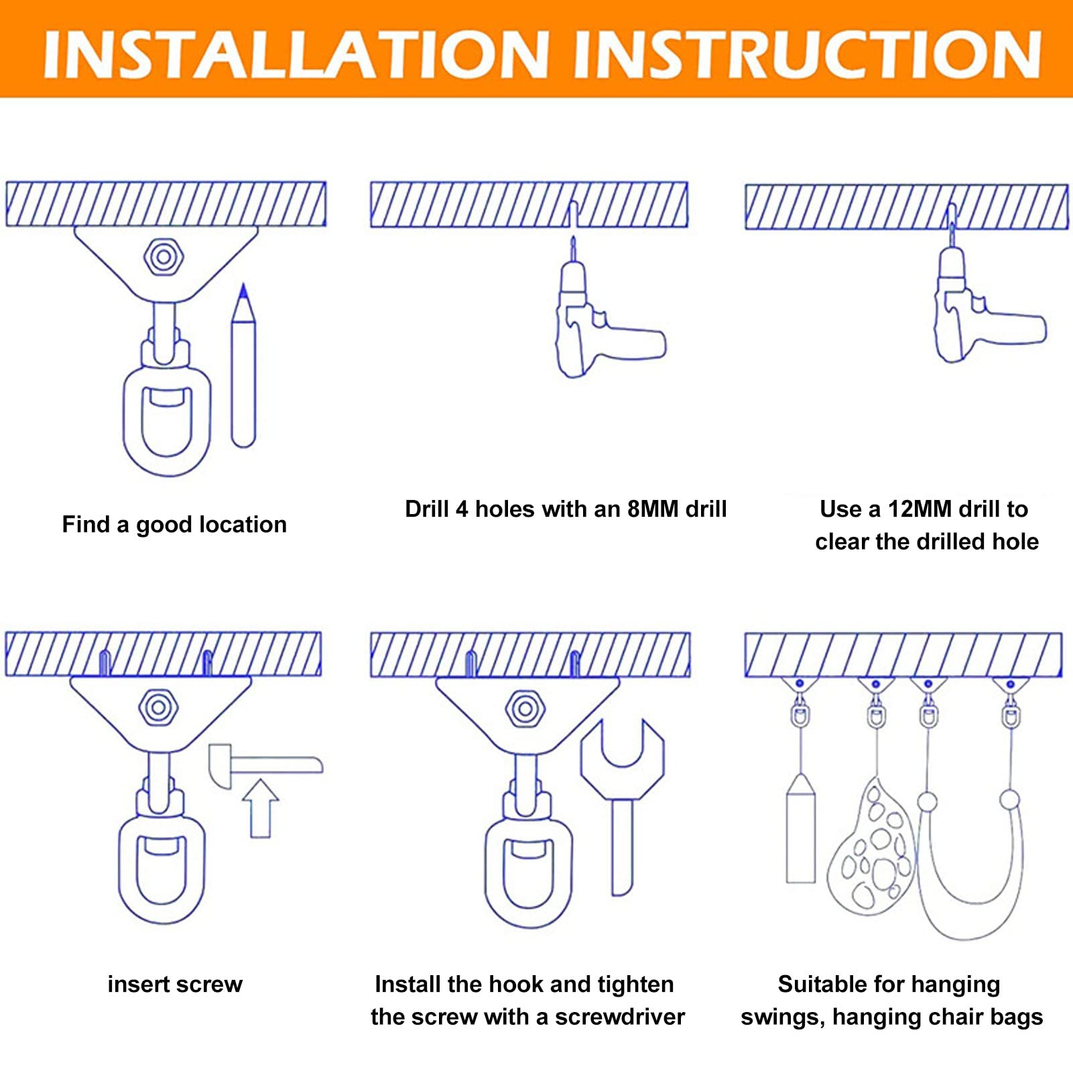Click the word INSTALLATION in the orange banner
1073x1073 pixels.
pyautogui.click(x=296, y=54)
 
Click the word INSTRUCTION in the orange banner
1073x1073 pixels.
pyautogui.click(x=808, y=54)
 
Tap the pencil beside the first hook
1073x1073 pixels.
pyautogui.click(x=243, y=369)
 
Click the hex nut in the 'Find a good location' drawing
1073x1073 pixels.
pyautogui.click(x=164, y=256)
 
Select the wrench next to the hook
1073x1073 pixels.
pyautogui.click(x=623, y=798)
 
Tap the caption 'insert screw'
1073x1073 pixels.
pyautogui.click(x=175, y=984)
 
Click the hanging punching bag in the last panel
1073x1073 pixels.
pyautogui.click(x=800, y=831)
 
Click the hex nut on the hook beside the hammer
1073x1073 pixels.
pyautogui.click(x=158, y=707)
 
